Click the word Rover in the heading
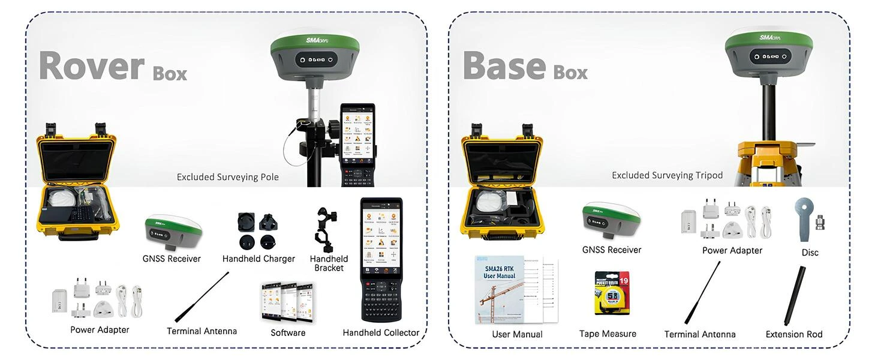click(92, 65)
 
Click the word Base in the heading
click(504, 65)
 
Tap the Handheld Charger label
click(258, 259)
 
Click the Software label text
click(288, 332)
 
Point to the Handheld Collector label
click(381, 332)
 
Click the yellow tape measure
click(611, 293)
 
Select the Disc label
click(810, 253)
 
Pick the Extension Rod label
click(794, 334)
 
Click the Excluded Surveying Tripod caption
click(667, 175)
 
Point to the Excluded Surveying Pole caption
click(227, 177)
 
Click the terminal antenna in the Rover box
click(202, 297)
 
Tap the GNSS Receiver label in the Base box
click(612, 250)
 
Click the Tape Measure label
click(608, 334)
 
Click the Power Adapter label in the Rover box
click(100, 329)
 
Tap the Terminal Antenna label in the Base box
click(699, 334)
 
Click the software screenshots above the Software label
click(288, 302)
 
